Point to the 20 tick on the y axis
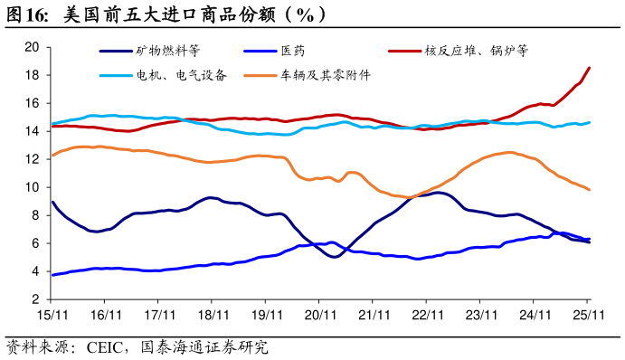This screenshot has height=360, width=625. (31, 47)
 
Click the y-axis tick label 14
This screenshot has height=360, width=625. (31, 131)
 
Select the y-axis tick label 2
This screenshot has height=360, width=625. (34, 299)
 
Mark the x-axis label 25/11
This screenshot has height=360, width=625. (589, 315)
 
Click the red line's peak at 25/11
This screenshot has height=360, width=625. (590, 68)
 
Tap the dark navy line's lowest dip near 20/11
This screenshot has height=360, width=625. (334, 257)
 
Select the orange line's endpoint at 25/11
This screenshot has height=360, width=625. (590, 189)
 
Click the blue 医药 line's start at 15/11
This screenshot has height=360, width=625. (52, 275)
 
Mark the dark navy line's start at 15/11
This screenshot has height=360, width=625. (52, 203)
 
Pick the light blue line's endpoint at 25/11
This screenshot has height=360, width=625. (590, 122)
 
